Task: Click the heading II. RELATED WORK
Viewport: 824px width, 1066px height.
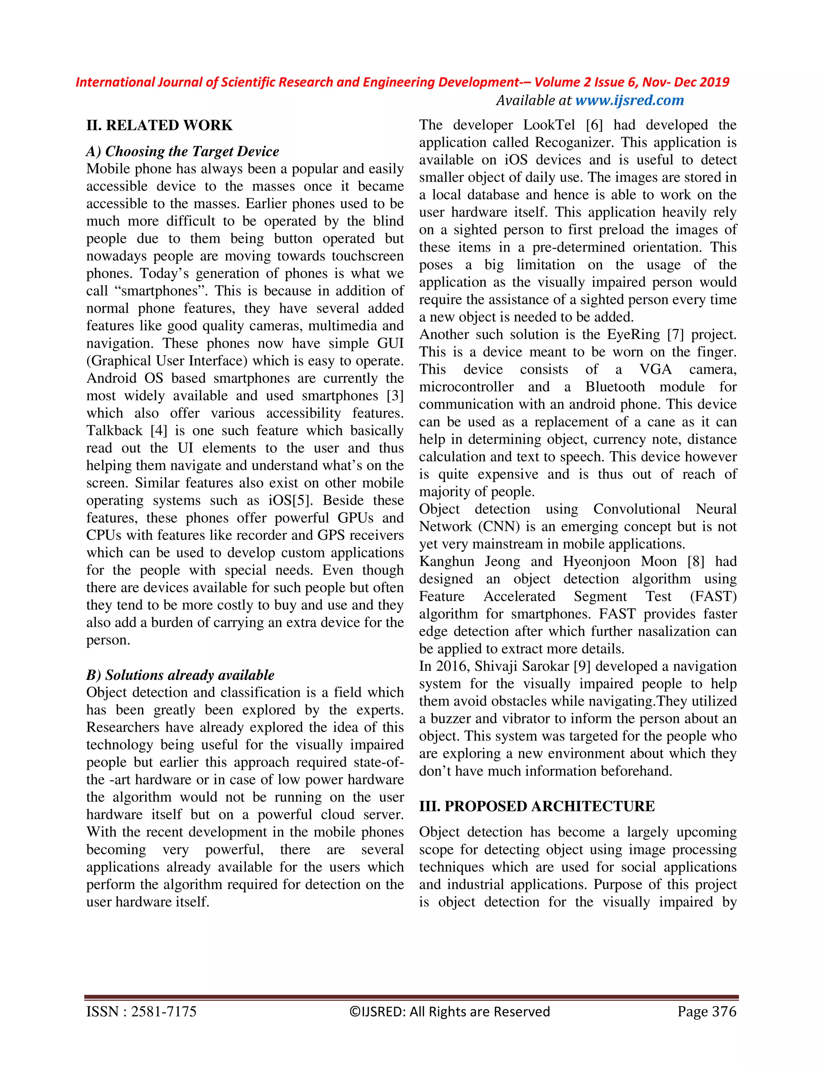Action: point(159,126)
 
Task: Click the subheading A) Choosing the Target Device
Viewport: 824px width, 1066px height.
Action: point(183,151)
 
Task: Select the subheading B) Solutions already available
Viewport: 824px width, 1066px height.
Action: point(180,675)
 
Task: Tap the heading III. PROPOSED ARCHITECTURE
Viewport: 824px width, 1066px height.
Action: point(536,806)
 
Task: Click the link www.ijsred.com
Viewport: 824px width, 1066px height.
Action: point(629,100)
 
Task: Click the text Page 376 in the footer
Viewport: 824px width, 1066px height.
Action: point(707,1011)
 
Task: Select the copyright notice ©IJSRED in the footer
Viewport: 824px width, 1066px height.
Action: point(449,1011)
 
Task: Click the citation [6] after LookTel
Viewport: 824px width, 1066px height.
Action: point(594,125)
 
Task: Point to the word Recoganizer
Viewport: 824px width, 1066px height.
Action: point(572,142)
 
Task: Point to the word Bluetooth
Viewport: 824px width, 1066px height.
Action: point(615,387)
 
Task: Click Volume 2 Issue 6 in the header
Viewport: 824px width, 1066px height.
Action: point(584,82)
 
